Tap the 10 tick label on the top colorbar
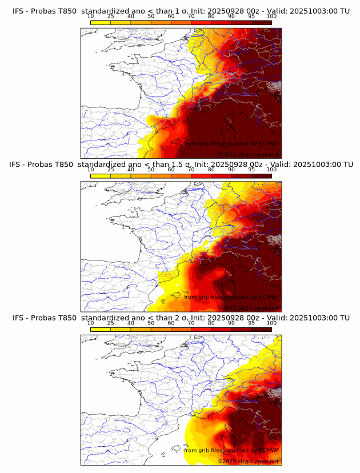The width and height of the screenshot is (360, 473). (x=91, y=16)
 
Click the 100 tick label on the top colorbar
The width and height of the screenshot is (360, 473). (x=271, y=16)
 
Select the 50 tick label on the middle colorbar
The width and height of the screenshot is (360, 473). (x=151, y=170)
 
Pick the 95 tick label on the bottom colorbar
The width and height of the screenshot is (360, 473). (x=251, y=323)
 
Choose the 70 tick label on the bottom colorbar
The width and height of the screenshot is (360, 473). (x=191, y=323)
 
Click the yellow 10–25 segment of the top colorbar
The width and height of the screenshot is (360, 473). (x=101, y=22)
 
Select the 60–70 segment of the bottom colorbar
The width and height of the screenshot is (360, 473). (x=181, y=329)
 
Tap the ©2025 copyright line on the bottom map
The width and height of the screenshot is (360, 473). (x=248, y=461)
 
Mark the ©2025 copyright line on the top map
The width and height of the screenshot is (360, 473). (x=248, y=154)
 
